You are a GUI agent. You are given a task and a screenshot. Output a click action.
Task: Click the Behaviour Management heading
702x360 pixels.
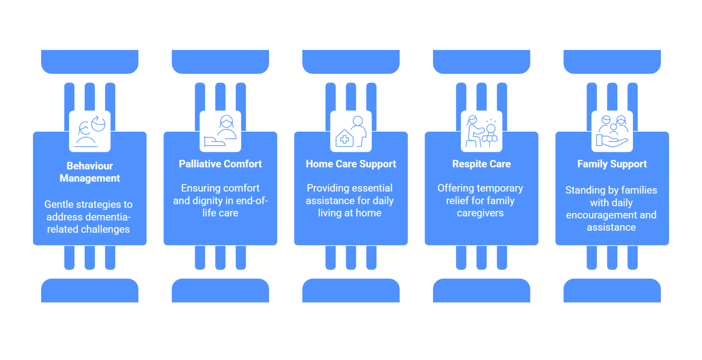(90, 172)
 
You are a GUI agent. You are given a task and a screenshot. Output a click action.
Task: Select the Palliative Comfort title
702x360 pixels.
(220, 164)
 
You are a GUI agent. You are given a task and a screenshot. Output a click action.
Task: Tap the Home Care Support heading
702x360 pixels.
(351, 164)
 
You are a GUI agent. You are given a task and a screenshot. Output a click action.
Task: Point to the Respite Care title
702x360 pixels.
(481, 164)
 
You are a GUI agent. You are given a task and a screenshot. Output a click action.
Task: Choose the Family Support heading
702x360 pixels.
(612, 164)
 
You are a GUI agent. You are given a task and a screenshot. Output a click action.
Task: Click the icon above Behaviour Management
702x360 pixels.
(90, 131)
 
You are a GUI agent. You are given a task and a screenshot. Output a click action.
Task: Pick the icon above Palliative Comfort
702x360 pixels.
(220, 131)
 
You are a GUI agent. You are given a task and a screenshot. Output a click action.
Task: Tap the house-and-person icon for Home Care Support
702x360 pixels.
(351, 131)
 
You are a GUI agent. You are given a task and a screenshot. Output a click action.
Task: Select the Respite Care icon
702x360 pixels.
(482, 131)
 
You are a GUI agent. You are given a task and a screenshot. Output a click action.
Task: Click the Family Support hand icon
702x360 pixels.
(612, 131)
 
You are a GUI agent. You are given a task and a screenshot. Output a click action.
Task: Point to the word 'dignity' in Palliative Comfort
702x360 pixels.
(208, 201)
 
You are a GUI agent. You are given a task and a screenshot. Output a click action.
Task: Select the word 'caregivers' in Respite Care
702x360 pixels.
(480, 213)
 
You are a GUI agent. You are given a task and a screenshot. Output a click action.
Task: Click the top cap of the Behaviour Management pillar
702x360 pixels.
(90, 61)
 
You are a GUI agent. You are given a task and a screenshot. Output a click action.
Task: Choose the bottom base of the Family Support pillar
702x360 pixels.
(612, 291)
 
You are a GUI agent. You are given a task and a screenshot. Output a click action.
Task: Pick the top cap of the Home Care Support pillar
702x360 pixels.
(351, 61)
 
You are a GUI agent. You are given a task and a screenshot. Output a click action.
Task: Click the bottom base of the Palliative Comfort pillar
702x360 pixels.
(220, 291)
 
